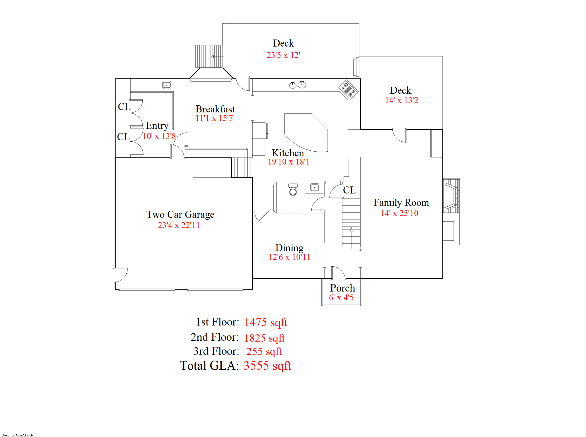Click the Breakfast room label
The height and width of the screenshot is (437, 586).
click(x=215, y=109)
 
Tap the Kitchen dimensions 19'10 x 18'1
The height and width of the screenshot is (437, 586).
click(x=289, y=162)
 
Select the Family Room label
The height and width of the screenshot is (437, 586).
click(x=401, y=202)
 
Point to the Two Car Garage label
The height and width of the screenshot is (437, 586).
click(x=180, y=214)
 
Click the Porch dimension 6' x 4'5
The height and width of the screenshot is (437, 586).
click(x=341, y=297)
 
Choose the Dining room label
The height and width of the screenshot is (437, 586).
click(x=289, y=248)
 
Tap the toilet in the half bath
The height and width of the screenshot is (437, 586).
click(x=293, y=189)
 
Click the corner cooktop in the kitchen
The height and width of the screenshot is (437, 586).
click(x=348, y=90)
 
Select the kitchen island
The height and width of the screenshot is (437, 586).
click(x=306, y=133)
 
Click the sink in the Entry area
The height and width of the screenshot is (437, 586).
click(x=167, y=85)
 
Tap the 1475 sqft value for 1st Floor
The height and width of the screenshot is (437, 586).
click(x=266, y=322)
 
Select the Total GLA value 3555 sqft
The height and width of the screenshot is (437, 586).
click(x=267, y=366)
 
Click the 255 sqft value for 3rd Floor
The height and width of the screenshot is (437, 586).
click(x=264, y=351)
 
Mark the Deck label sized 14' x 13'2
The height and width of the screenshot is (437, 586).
click(x=401, y=90)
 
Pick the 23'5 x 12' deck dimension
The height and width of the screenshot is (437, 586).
click(x=283, y=55)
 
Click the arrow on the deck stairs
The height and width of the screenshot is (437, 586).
click(x=217, y=56)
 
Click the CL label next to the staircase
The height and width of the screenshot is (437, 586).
click(x=349, y=190)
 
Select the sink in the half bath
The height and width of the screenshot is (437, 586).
click(x=315, y=187)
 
